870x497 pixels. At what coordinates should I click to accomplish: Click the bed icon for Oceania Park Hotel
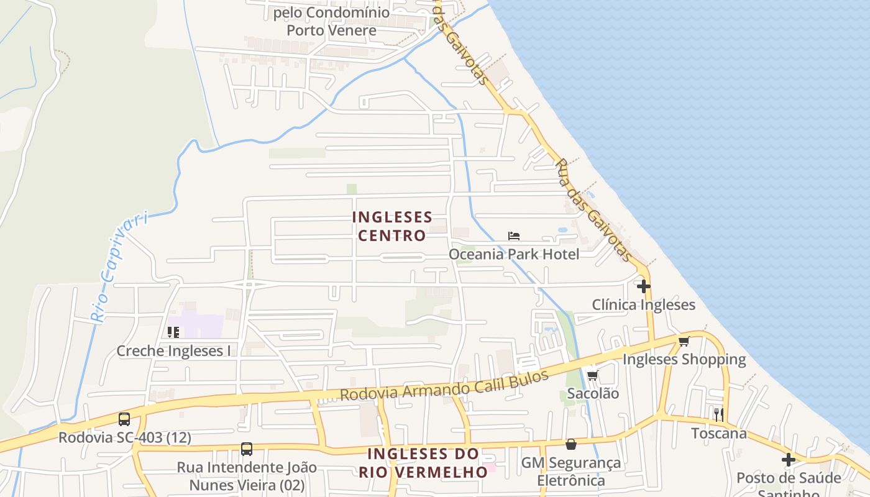click(x=513, y=236)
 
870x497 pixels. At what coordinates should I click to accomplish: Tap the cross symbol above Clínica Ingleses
click(x=644, y=286)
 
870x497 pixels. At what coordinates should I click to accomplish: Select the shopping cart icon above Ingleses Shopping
click(x=684, y=341)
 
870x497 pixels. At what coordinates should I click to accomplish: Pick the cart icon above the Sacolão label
click(x=592, y=375)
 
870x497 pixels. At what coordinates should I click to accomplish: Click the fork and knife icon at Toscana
click(x=718, y=415)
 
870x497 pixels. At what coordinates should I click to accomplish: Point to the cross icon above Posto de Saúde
click(x=789, y=460)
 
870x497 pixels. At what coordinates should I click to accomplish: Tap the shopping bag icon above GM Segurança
click(x=570, y=444)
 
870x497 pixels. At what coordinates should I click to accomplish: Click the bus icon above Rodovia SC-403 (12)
click(x=124, y=419)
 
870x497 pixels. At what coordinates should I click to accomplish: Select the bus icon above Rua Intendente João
click(x=247, y=449)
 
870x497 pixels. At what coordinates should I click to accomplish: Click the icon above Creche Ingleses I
click(x=173, y=332)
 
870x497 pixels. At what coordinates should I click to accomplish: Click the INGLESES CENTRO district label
click(x=392, y=226)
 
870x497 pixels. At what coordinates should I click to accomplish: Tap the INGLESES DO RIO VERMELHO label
click(x=423, y=463)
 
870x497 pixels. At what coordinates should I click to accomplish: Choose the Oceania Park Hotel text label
click(x=514, y=254)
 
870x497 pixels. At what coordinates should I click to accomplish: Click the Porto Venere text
click(x=331, y=30)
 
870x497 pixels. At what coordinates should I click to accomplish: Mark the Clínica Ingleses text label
click(x=643, y=305)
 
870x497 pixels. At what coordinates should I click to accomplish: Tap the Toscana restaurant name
click(x=719, y=433)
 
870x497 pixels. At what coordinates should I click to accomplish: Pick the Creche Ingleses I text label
click(x=173, y=351)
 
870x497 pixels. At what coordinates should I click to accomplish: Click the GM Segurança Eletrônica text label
click(x=570, y=472)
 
